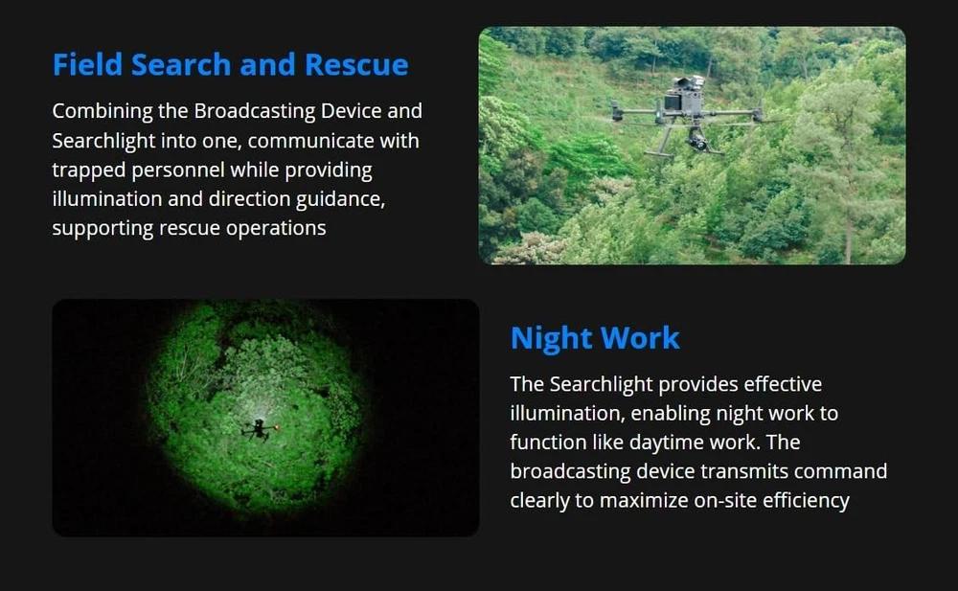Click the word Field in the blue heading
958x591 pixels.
click(x=87, y=64)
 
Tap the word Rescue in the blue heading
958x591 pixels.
click(x=356, y=64)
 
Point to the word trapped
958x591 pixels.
click(x=89, y=170)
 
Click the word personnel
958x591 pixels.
click(x=178, y=170)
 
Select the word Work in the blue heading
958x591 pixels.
click(x=640, y=337)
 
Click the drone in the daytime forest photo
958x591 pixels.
click(x=687, y=116)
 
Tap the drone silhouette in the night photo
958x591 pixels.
click(x=260, y=429)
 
